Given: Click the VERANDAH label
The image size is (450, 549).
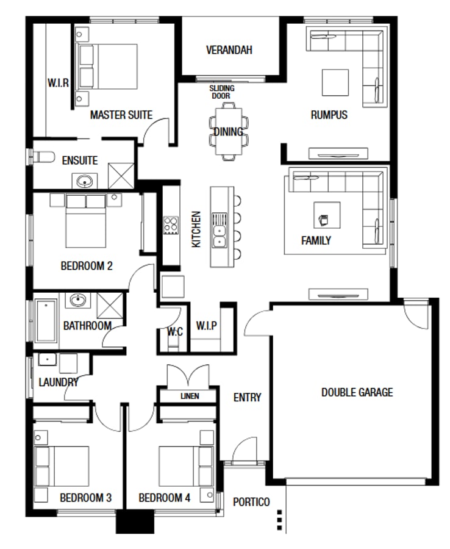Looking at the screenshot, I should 229,50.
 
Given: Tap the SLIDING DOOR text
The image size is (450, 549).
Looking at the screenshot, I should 222,92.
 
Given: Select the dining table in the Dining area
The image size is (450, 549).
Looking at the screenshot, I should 229,132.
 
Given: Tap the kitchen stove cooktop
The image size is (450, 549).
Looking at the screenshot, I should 171,226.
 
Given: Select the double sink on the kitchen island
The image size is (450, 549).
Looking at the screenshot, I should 218,231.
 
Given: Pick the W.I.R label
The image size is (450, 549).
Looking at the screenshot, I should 59,82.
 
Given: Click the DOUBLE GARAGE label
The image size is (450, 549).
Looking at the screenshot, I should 357,392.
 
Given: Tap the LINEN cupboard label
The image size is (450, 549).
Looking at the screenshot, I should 190,396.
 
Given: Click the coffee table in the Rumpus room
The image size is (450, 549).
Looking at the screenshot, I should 335,82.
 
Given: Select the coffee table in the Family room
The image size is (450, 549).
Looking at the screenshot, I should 327,215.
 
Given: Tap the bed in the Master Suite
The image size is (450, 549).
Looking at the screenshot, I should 107,66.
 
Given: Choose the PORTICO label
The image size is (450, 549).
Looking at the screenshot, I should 251,502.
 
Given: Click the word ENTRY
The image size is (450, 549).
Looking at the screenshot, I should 247,397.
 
